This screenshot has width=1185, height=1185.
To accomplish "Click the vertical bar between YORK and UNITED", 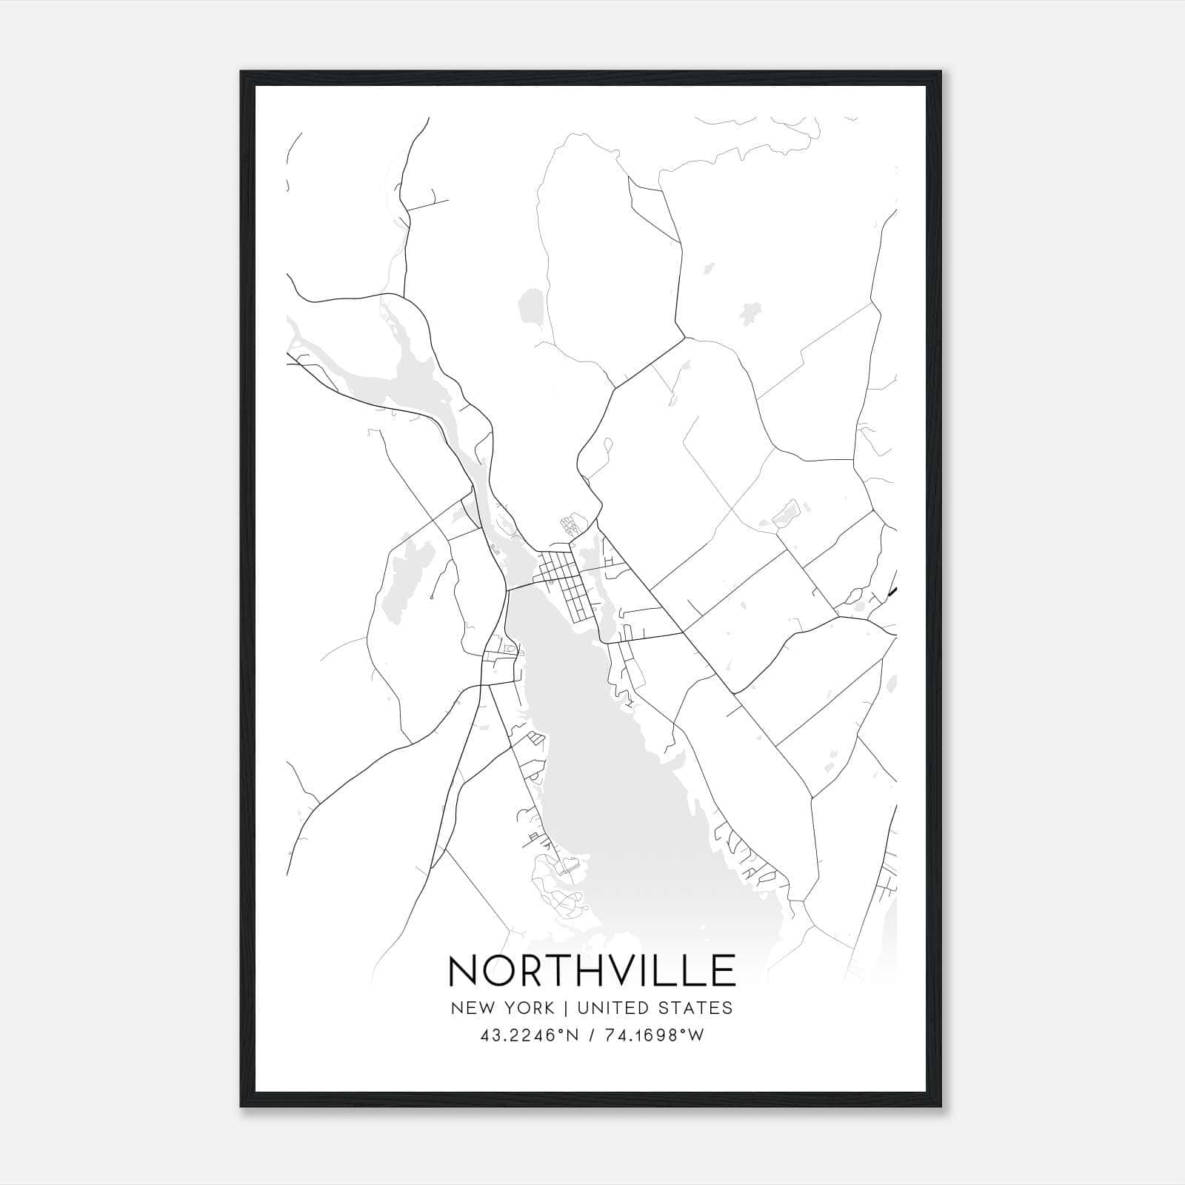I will click(x=565, y=1008).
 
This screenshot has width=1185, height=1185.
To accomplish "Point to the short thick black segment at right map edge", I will click(x=892, y=590).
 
